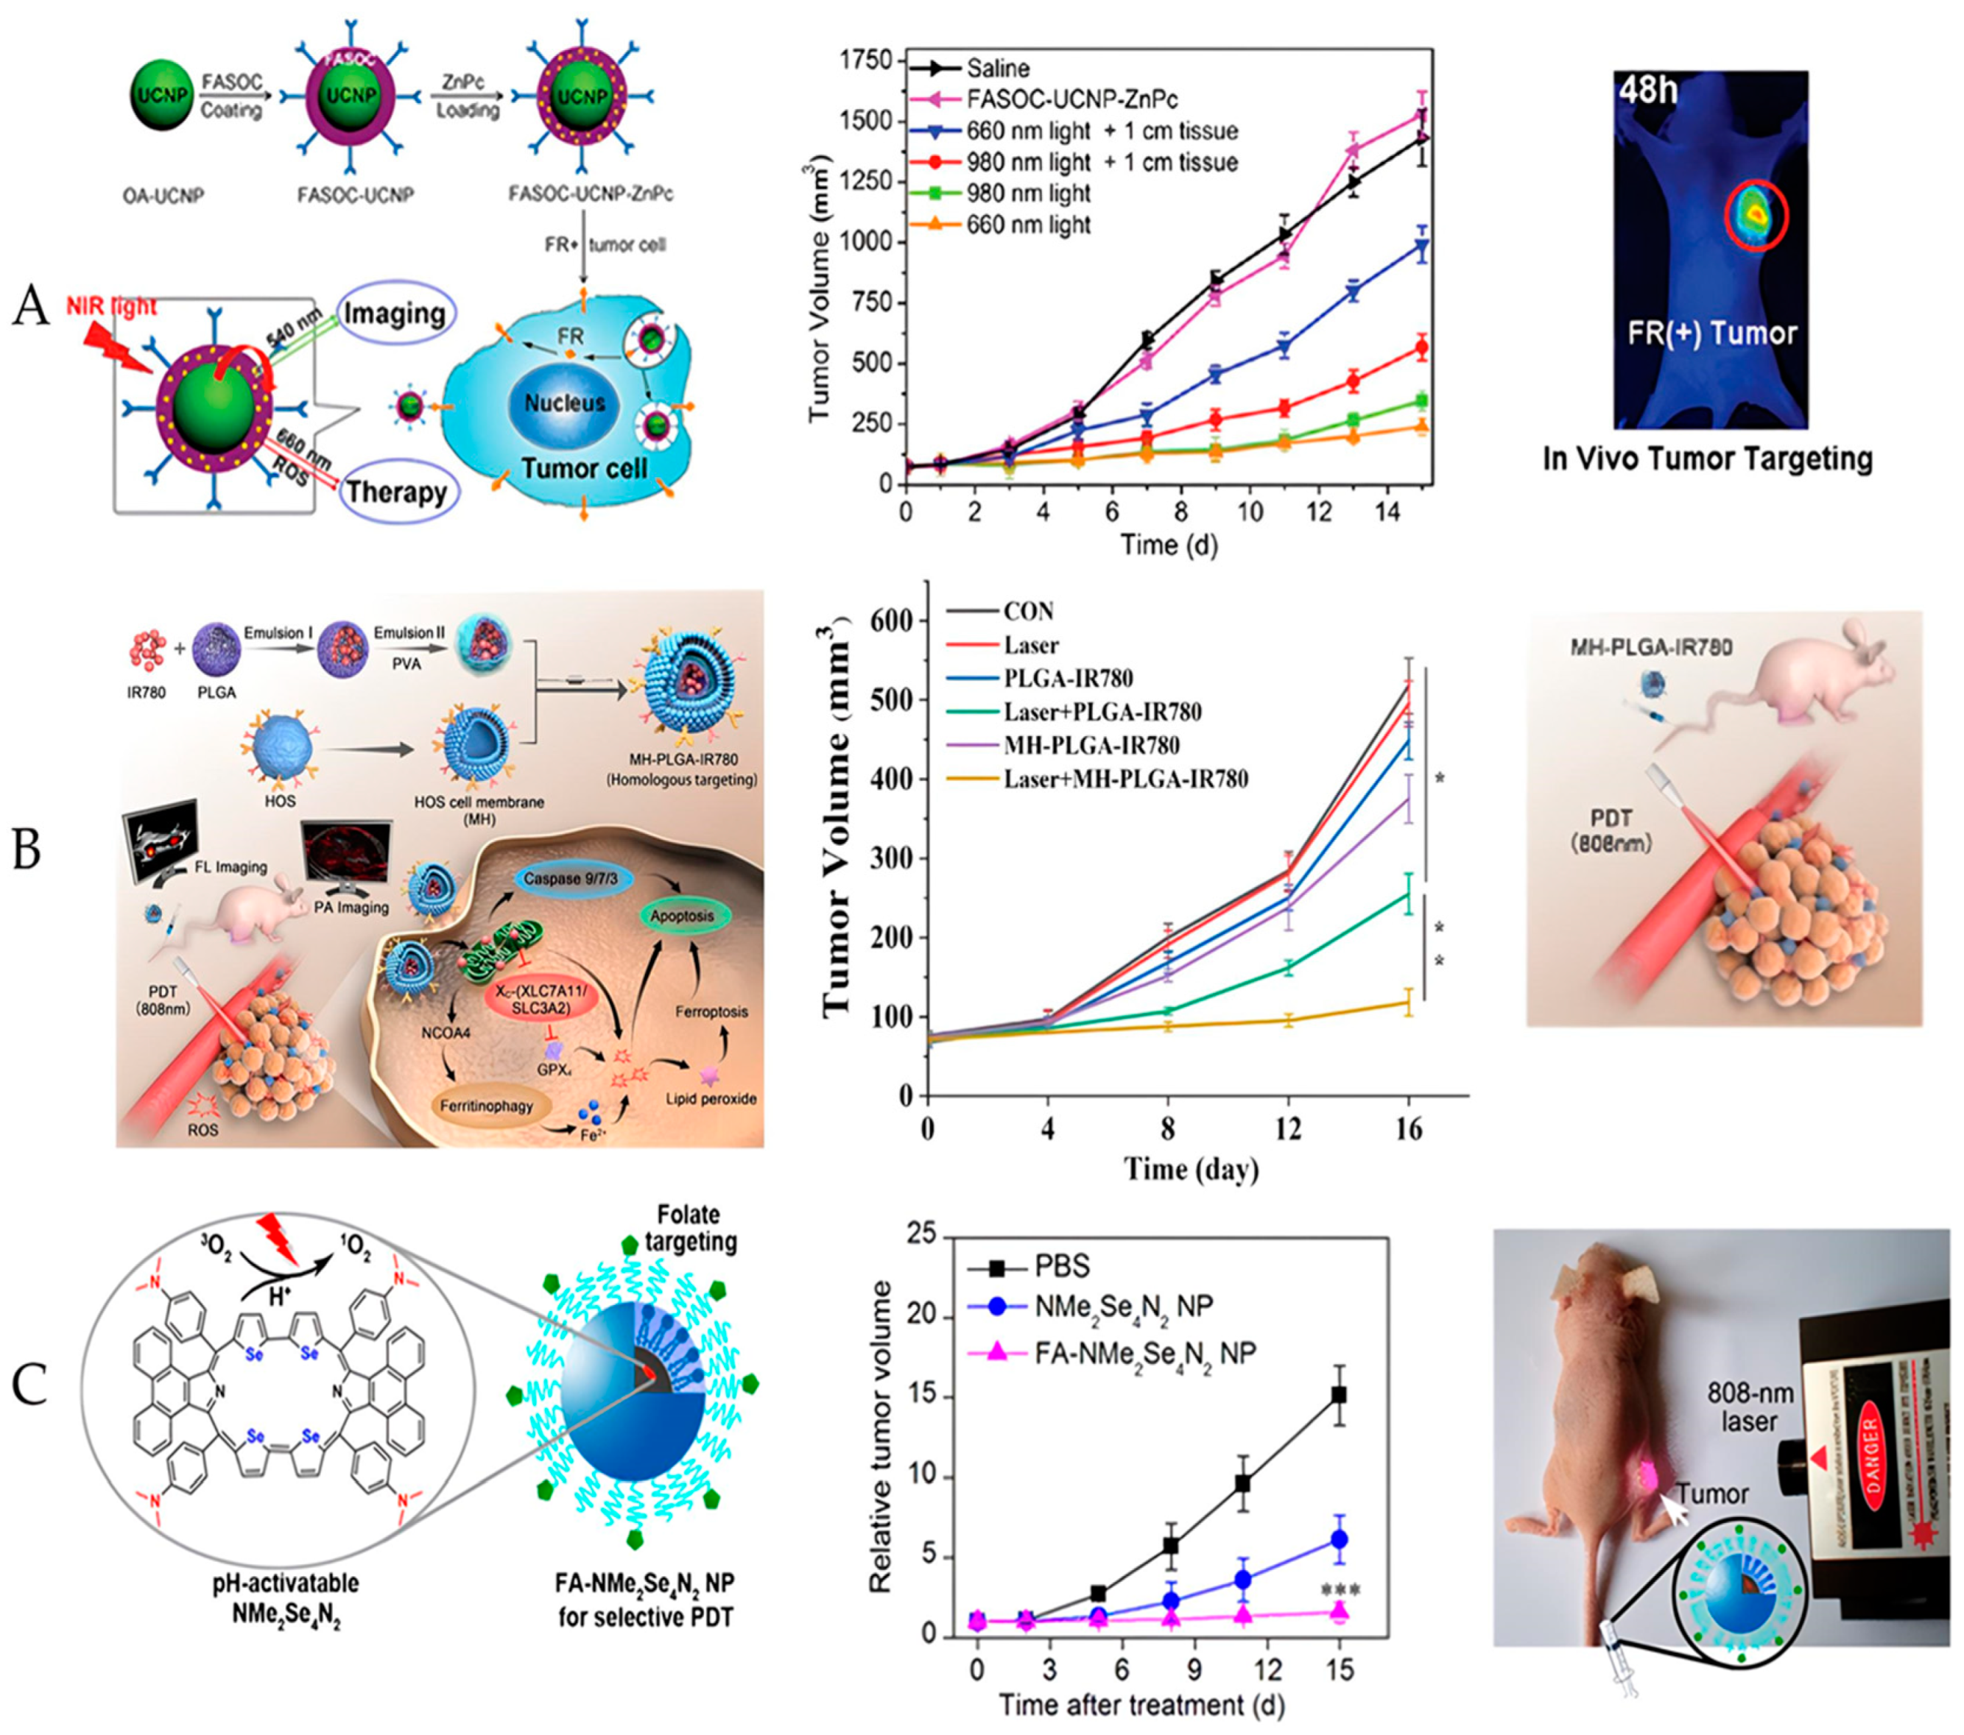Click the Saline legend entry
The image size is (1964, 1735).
997,68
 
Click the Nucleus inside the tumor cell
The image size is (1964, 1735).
564,403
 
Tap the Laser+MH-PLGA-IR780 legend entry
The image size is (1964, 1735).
1125,778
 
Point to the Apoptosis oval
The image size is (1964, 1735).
682,916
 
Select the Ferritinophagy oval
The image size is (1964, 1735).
486,1106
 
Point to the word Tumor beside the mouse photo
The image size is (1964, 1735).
1711,1494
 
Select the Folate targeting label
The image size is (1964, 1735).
691,1227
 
